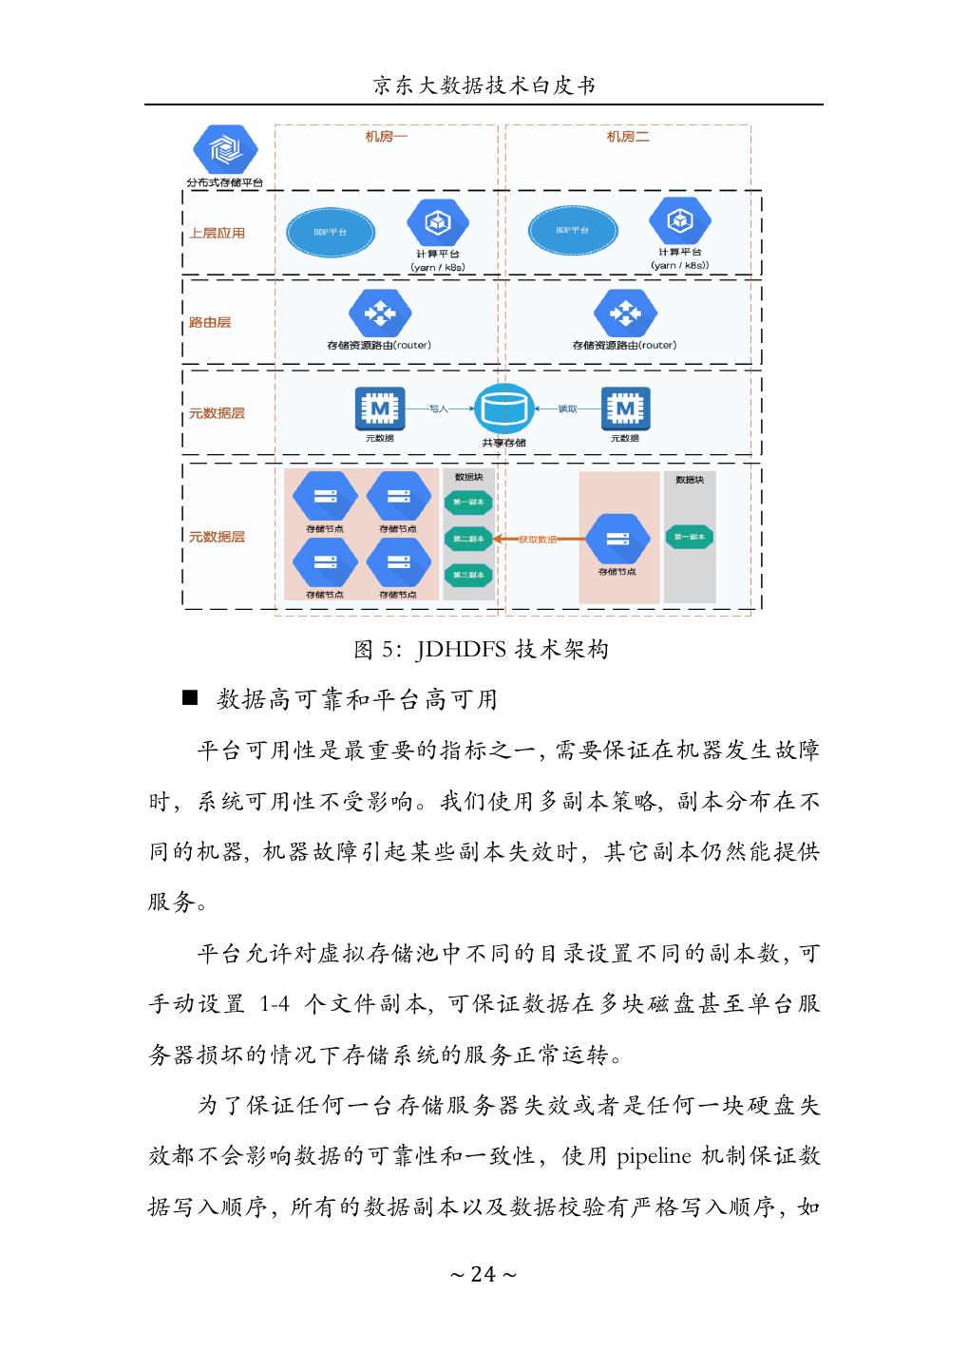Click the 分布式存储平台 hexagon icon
pyautogui.click(x=225, y=150)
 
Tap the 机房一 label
pyautogui.click(x=387, y=137)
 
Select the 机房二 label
pyautogui.click(x=628, y=137)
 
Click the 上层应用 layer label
pyautogui.click(x=217, y=233)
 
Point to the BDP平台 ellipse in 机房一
pyautogui.click(x=330, y=231)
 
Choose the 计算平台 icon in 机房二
pyautogui.click(x=680, y=222)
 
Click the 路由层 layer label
pyautogui.click(x=210, y=322)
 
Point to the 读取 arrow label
pyautogui.click(x=567, y=408)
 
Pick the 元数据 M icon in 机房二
pyautogui.click(x=624, y=409)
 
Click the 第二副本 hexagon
pyautogui.click(x=468, y=539)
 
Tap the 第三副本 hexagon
pyautogui.click(x=468, y=575)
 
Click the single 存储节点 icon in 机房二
pyautogui.click(x=617, y=539)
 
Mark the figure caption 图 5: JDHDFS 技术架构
pyautogui.click(x=481, y=650)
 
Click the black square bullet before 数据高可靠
pyautogui.click(x=189, y=699)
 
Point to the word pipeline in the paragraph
pyautogui.click(x=655, y=1157)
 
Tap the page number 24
pyautogui.click(x=484, y=1274)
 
